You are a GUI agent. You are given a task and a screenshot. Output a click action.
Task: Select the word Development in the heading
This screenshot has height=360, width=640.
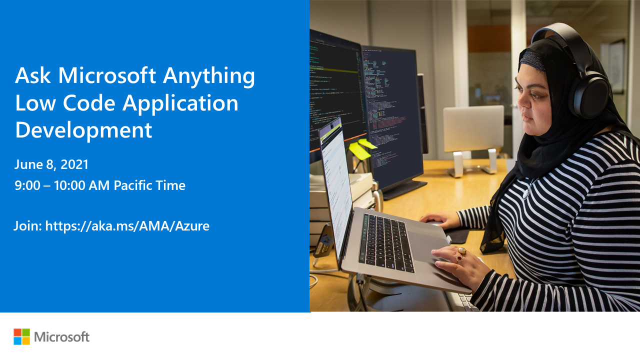tap(83, 129)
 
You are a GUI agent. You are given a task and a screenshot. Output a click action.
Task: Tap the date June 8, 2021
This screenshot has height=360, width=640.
tap(51, 164)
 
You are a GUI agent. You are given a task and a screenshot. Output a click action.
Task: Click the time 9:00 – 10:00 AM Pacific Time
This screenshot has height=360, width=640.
tap(100, 185)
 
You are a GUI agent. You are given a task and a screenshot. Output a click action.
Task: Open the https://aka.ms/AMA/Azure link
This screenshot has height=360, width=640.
tap(127, 226)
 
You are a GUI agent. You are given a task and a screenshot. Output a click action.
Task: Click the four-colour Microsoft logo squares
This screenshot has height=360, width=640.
tap(21, 336)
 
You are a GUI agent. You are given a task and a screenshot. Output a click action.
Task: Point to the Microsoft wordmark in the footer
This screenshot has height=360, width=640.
tap(61, 337)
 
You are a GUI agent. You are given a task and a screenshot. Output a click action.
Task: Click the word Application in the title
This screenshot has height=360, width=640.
tap(180, 103)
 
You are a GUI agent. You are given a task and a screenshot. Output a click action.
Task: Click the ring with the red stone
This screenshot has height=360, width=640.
tap(458, 258)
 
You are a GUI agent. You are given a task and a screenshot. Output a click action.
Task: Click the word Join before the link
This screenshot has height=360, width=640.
tap(27, 226)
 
